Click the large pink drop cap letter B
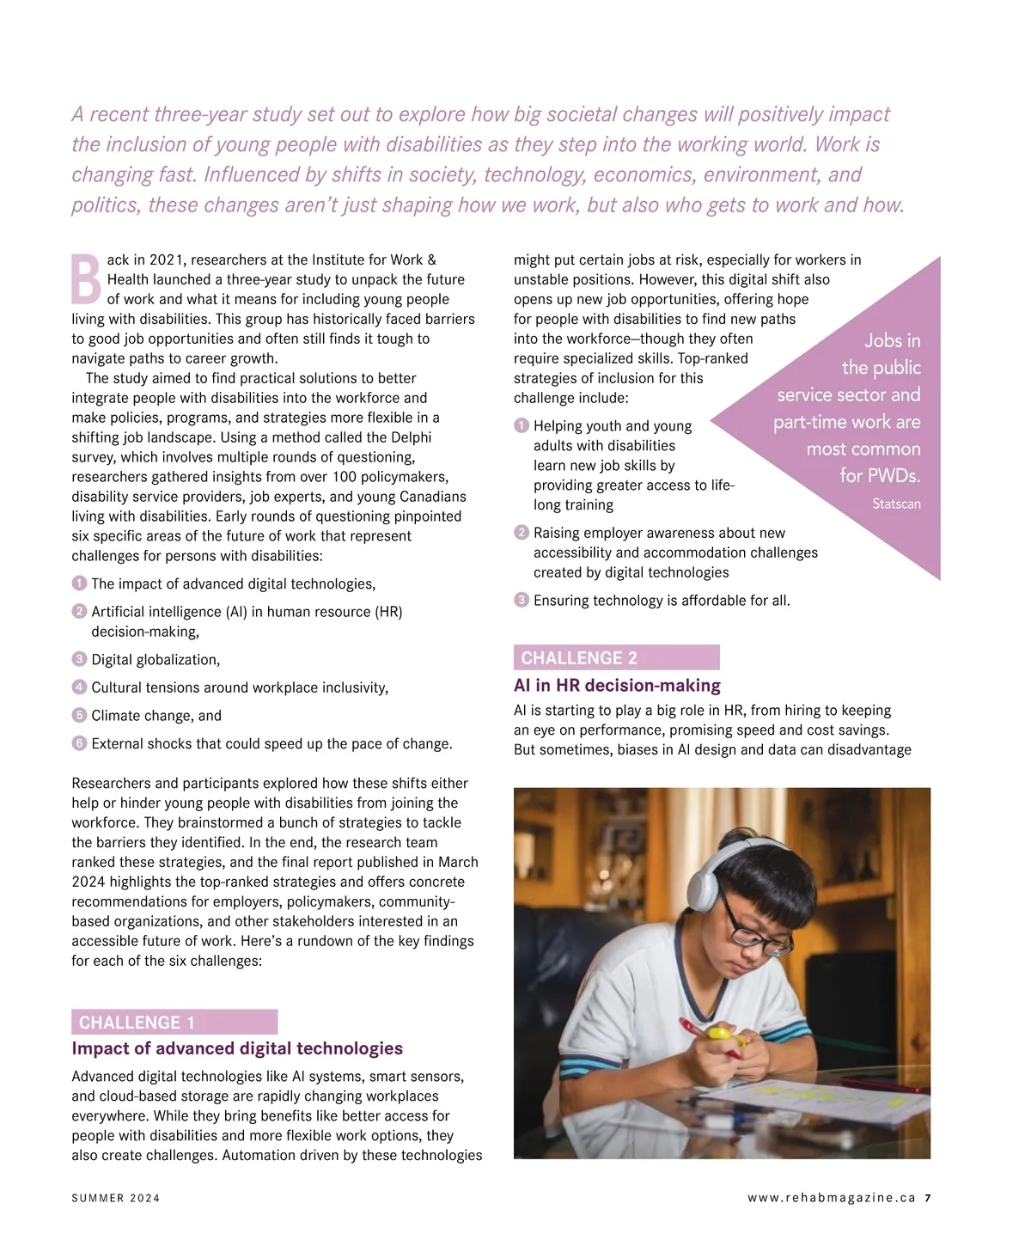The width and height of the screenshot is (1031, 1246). click(x=86, y=278)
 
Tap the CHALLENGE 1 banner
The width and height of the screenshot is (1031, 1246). click(x=174, y=1022)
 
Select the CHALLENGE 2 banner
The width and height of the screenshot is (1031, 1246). click(x=616, y=657)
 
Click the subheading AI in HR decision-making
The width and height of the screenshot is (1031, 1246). click(x=617, y=686)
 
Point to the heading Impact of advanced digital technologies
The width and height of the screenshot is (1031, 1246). click(x=237, y=1048)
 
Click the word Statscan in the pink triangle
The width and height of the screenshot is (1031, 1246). click(x=896, y=504)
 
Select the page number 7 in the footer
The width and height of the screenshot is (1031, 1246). click(x=928, y=1198)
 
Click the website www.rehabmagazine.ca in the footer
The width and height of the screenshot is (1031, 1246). click(x=831, y=1198)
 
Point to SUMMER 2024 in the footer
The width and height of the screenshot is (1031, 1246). click(x=116, y=1198)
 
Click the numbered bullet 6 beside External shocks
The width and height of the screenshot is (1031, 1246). click(x=79, y=743)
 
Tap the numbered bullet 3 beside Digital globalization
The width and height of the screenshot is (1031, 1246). click(x=79, y=659)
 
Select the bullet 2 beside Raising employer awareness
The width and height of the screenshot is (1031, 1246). click(x=521, y=533)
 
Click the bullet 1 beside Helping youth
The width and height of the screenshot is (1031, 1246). click(x=521, y=425)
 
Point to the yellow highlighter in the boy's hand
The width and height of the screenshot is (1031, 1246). click(x=720, y=1033)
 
